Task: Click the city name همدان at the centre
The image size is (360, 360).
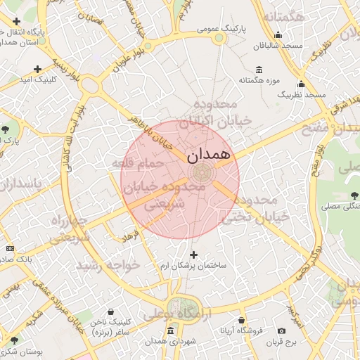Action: pyautogui.click(x=210, y=155)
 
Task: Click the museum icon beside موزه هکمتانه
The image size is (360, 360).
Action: pyautogui.click(x=259, y=70)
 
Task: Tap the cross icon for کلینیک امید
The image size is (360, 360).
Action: pyautogui.click(x=37, y=69)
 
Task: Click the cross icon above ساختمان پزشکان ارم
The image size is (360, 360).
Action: pyautogui.click(x=194, y=254)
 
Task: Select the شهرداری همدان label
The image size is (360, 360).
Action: pyautogui.click(x=169, y=342)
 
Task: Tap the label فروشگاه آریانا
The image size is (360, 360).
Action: pyautogui.click(x=241, y=329)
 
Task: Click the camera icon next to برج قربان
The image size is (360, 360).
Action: pyautogui.click(x=282, y=330)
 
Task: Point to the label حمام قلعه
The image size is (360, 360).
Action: pyautogui.click(x=137, y=163)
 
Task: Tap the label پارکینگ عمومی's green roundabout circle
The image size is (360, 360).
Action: pyautogui.click(x=219, y=38)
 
